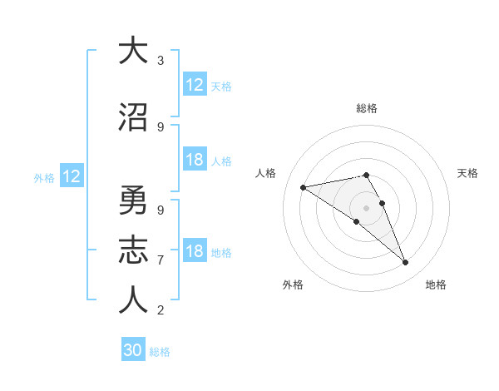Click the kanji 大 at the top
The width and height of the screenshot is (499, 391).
(x=133, y=51)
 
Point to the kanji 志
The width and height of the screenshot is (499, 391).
(x=133, y=250)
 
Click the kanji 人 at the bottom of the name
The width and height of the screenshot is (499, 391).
(x=133, y=300)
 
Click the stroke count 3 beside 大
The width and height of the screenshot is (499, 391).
(x=160, y=61)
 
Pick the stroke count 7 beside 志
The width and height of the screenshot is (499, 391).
(x=160, y=260)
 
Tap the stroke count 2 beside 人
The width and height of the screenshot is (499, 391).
(x=160, y=311)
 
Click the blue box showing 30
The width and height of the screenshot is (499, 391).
(x=133, y=350)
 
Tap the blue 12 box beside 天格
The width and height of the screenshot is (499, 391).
(x=195, y=85)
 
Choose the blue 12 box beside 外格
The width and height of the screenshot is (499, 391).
(x=71, y=176)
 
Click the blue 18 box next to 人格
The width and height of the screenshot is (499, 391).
(x=195, y=160)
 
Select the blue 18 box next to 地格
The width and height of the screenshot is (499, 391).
(x=195, y=251)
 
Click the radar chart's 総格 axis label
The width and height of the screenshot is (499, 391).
(x=366, y=108)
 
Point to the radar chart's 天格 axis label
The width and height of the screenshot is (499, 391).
(x=467, y=173)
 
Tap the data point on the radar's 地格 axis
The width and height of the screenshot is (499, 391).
(x=405, y=263)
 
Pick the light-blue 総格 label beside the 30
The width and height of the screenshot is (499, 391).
(x=160, y=352)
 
